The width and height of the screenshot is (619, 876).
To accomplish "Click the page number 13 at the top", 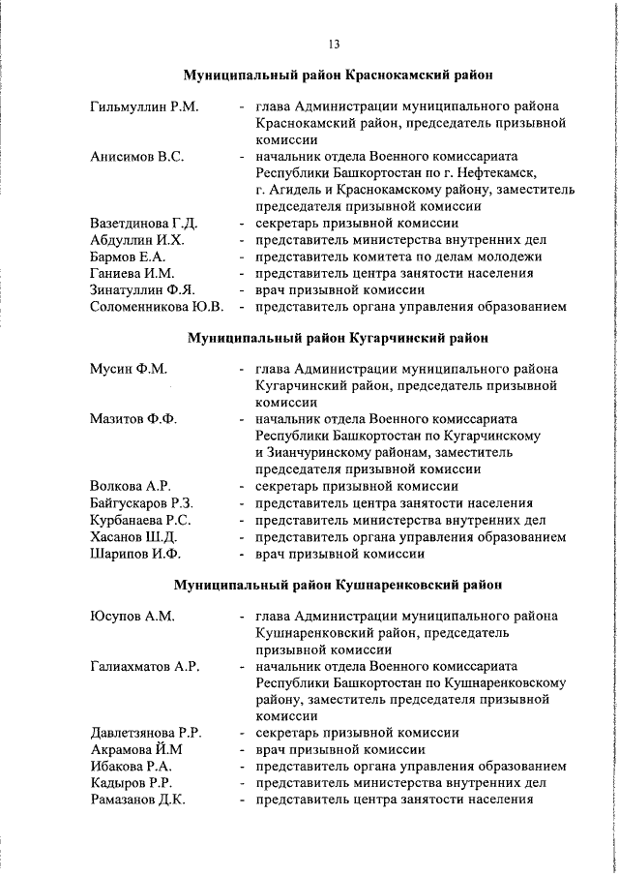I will pyautogui.click(x=334, y=45).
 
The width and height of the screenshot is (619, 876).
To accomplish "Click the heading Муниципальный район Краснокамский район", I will pyautogui.click(x=338, y=75).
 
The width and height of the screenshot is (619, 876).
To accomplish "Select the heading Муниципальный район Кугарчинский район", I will pyautogui.click(x=338, y=338).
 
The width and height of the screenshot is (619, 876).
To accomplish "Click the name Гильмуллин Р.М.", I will pyautogui.click(x=144, y=106).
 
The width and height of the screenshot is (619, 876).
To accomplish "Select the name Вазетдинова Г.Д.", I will pyautogui.click(x=144, y=224).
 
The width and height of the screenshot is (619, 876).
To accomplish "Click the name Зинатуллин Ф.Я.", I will pyautogui.click(x=143, y=290).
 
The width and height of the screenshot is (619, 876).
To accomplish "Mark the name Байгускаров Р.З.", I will pyautogui.click(x=142, y=503).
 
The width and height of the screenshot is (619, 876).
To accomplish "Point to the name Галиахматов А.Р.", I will pyautogui.click(x=144, y=666).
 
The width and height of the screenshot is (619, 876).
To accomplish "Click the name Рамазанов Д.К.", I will pyautogui.click(x=137, y=800).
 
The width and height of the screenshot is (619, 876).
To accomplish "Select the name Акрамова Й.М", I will pyautogui.click(x=132, y=749).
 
